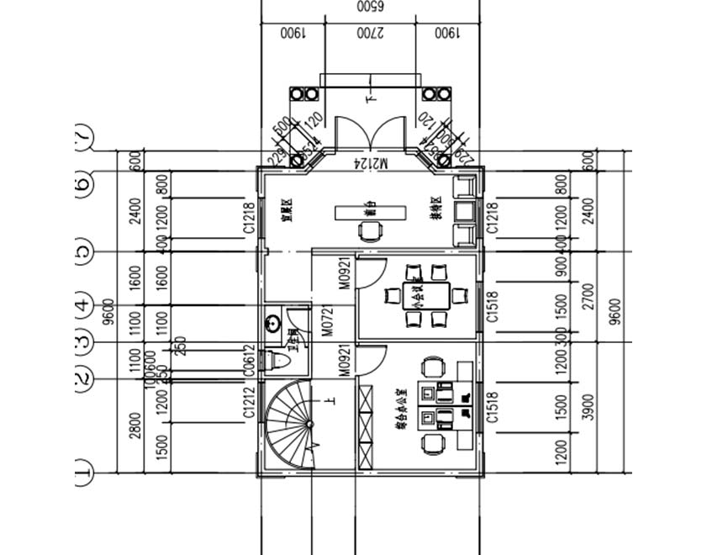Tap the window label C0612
pyautogui.click(x=249, y=360)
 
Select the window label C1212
pyautogui.click(x=249, y=403)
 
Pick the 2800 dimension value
pyautogui.click(x=135, y=425)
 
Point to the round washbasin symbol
pyautogui.click(x=272, y=322)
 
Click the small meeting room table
pyautogui.click(x=418, y=295)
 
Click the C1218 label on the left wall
pyautogui.click(x=249, y=216)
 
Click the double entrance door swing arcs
pyautogui.click(x=371, y=133)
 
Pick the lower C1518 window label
pyautogui.click(x=493, y=407)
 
